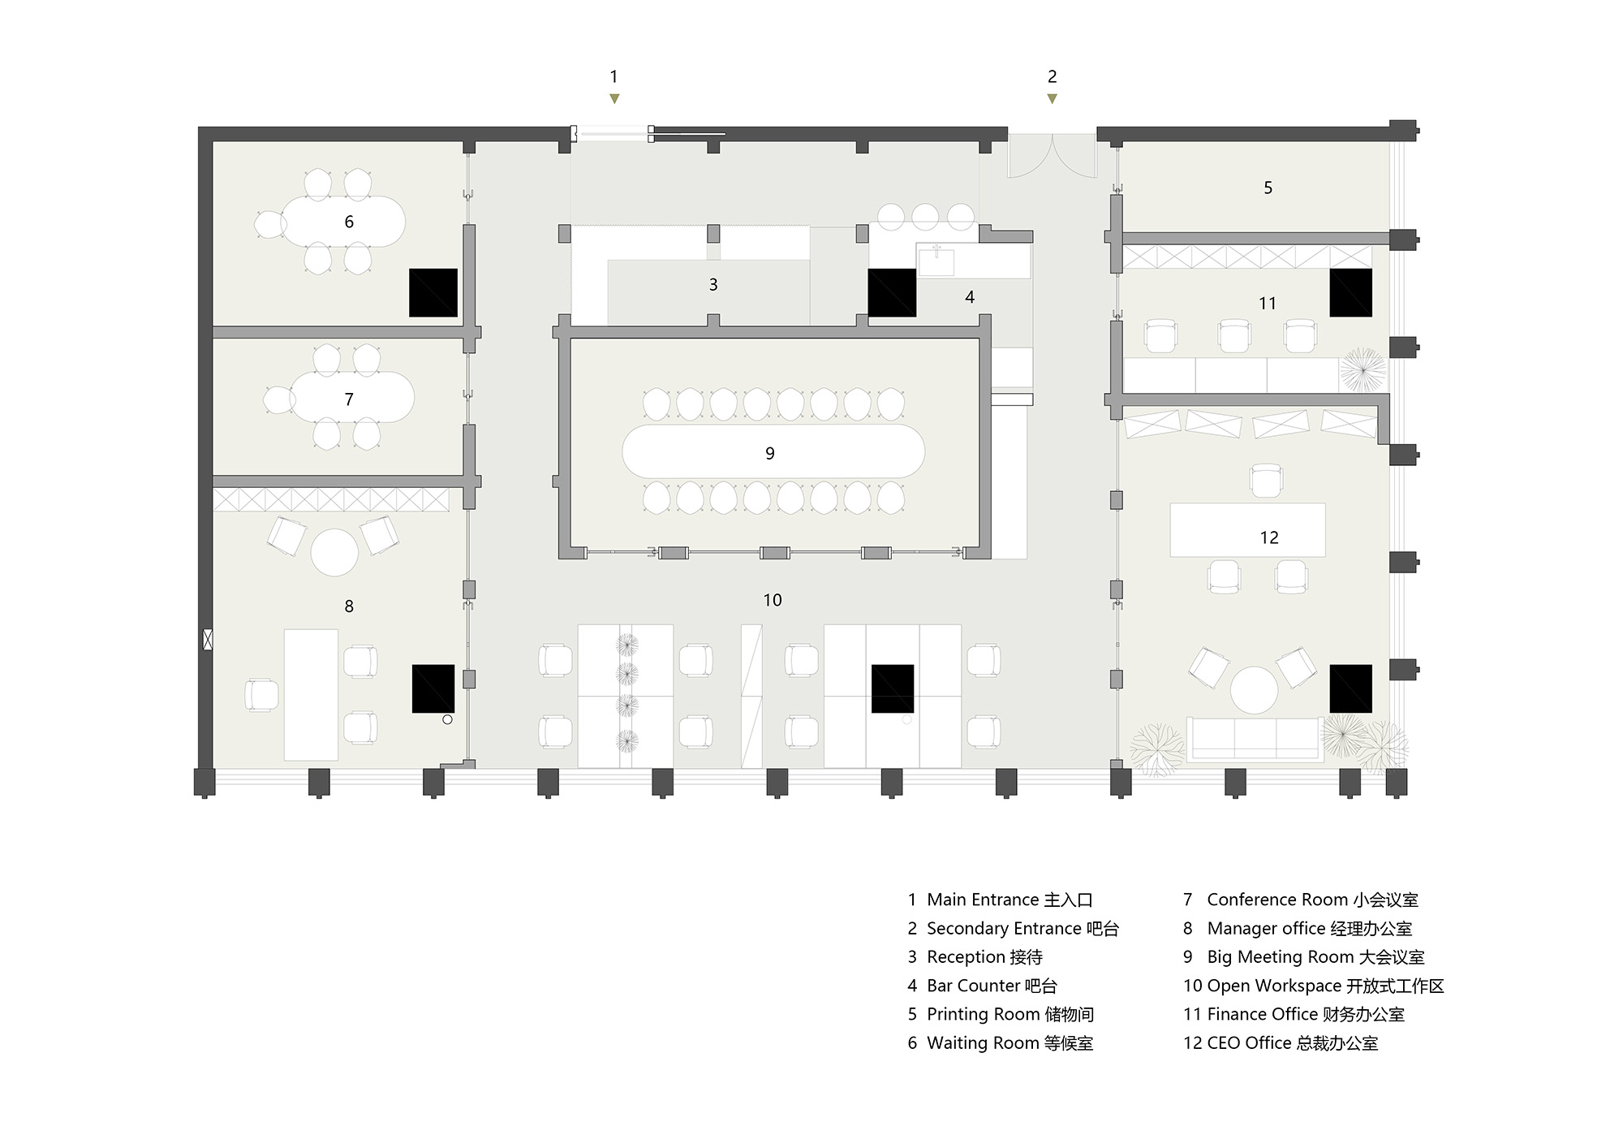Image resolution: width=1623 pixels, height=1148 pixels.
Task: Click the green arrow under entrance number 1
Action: (614, 98)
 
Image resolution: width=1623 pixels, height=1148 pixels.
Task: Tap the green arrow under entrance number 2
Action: (1053, 98)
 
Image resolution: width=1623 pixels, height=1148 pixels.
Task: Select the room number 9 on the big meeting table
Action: (770, 453)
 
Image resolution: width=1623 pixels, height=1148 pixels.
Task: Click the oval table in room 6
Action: (343, 221)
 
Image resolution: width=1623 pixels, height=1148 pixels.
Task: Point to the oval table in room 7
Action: (352, 397)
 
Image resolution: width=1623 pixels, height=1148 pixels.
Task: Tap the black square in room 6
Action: (433, 292)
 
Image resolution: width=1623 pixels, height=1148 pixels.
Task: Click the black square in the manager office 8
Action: (433, 688)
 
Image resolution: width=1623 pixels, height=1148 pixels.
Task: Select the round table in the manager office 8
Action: (334, 553)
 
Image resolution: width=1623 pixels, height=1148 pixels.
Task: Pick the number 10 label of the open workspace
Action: (773, 600)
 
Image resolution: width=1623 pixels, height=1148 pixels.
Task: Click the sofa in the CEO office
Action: (1255, 739)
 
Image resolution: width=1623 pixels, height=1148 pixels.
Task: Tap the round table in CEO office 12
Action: (1254, 690)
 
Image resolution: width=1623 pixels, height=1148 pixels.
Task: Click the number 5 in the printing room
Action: (1268, 188)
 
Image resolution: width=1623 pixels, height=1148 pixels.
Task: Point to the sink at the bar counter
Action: (936, 261)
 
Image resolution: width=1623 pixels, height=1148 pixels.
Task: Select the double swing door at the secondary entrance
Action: (1053, 156)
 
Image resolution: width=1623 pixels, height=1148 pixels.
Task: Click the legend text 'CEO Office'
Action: (1250, 1042)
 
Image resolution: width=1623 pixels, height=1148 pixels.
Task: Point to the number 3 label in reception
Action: (713, 284)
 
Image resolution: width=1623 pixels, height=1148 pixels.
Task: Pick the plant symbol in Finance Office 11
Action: (1363, 370)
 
